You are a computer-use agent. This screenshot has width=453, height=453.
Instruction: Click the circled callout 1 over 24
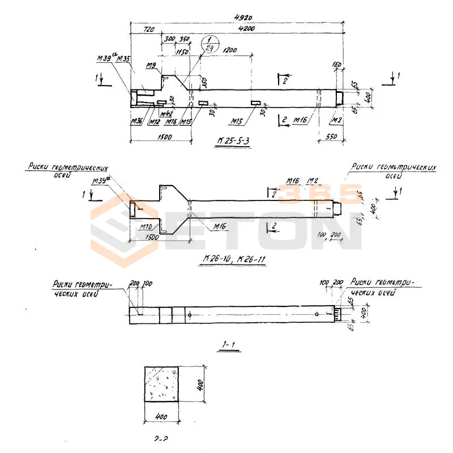(x=210, y=43)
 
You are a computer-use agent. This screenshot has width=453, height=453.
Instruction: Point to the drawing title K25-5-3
(x=233, y=142)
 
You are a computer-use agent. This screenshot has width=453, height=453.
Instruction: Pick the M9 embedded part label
(x=151, y=66)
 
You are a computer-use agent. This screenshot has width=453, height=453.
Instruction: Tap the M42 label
(x=166, y=113)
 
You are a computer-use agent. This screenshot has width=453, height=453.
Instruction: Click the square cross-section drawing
(x=163, y=384)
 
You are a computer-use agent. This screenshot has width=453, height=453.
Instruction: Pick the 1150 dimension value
(x=181, y=52)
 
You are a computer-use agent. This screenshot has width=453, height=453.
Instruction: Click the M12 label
(x=153, y=121)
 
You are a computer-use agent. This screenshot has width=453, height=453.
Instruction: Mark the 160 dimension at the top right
(x=339, y=65)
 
